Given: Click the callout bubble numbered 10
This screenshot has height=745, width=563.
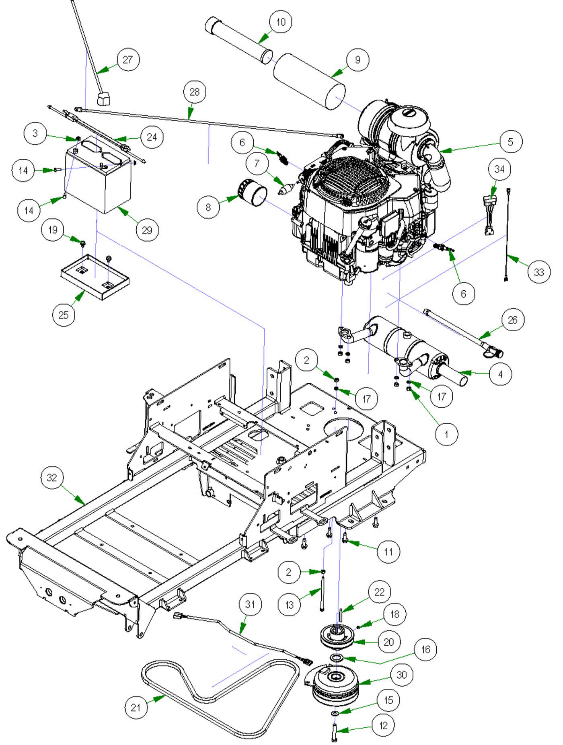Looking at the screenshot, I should point(281,22).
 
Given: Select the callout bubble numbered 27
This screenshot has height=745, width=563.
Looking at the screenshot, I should point(128,60).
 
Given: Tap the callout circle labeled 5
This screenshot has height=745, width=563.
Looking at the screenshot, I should point(511,142).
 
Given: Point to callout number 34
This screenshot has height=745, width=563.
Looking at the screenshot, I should point(499,169).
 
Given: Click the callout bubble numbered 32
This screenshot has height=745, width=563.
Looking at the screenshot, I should point(52,478).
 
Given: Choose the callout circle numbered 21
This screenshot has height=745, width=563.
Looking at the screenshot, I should point(136,707).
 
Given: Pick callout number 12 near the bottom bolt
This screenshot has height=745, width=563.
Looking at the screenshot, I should point(383,726).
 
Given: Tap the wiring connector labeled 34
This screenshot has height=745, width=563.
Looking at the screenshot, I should point(490,215).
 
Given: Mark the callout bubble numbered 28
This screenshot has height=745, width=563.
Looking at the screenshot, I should point(195,92).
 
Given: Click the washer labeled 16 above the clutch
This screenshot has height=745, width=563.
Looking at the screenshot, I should point(336,657).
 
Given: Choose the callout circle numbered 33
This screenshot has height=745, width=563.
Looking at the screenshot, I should point(539,272).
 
